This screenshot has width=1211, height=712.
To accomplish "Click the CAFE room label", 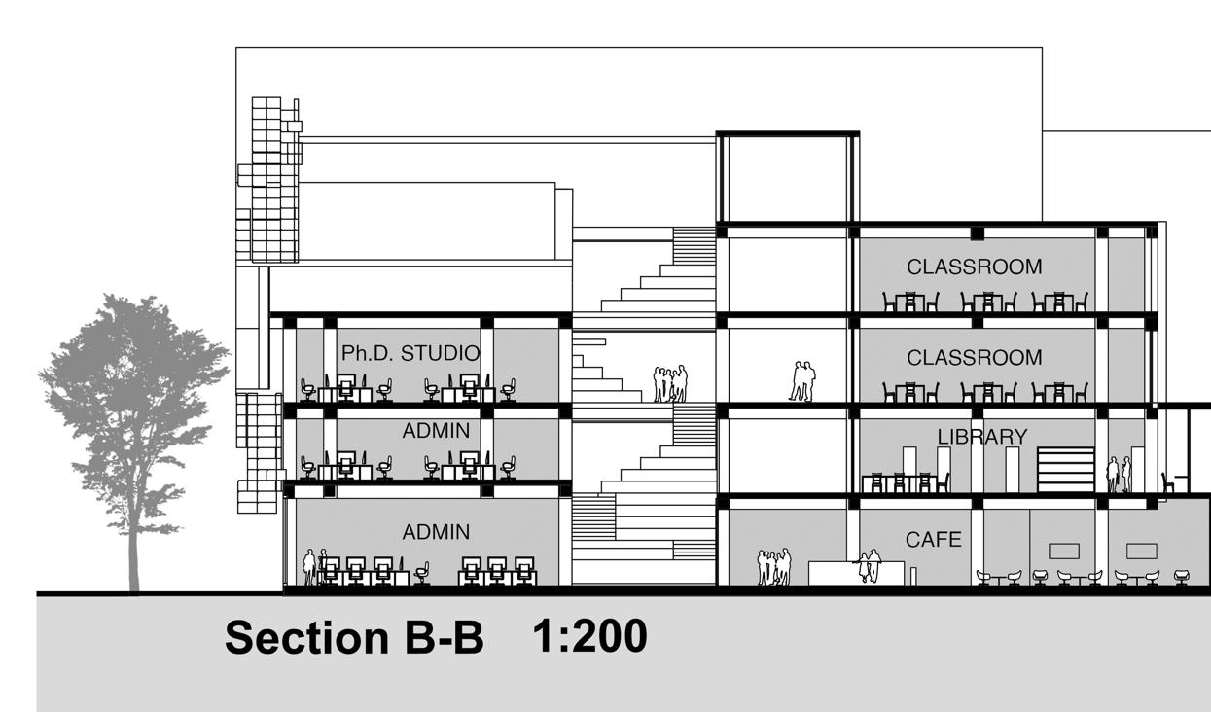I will pos(933,539).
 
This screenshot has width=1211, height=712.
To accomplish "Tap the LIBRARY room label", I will pos(981,437).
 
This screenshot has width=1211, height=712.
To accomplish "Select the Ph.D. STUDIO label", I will pos(410,351).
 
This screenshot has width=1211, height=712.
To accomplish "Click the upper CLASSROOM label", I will pos(974,267).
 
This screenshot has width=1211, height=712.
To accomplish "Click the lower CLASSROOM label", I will pos(974,358).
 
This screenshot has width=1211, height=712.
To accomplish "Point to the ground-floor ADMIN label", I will pos(436,532).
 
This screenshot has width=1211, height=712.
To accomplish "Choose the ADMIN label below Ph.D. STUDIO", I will pos(436,430).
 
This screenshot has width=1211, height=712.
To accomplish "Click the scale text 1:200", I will pos(589,636).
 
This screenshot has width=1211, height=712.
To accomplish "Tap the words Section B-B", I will pos(354,638).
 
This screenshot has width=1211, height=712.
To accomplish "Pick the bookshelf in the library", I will pos(1063,469).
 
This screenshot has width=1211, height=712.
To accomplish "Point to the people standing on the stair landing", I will pos(670,383).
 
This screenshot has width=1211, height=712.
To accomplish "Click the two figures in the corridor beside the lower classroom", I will pos(801,380).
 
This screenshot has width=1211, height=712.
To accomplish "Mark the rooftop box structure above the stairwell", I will pos(788,178).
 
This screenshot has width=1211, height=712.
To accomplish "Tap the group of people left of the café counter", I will pos(774,567).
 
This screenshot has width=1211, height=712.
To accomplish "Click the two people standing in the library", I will pos(1119,474).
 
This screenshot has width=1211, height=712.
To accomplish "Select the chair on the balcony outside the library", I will pos(1167,482).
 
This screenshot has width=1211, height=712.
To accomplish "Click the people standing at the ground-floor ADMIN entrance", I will pos(314,566).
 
